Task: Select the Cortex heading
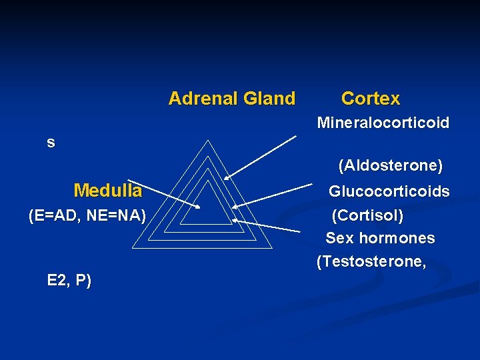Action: coord(371,99)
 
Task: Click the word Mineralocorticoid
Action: coord(383,123)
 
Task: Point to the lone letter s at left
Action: coord(51,143)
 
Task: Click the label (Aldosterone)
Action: coord(390,164)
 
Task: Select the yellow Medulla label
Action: coord(108,191)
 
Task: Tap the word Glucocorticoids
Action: coord(389,192)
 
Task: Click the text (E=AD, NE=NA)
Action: coord(87,215)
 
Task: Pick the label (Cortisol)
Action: coord(367,216)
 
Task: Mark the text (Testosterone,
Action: coord(371,262)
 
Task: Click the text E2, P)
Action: coord(69,280)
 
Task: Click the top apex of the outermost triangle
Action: coord(208,141)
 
